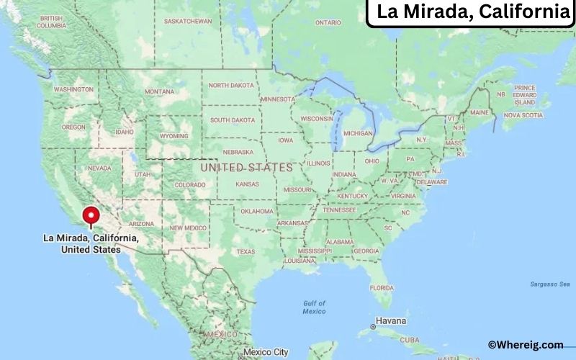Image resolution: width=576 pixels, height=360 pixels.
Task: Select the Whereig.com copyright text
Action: pos(526,345)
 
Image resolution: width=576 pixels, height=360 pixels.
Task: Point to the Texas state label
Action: pos(246,251)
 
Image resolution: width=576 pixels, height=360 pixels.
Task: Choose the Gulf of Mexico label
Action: pos(314,307)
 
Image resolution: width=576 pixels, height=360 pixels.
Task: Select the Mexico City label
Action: pos(266,352)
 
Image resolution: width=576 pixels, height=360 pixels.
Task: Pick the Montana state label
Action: pos(159,91)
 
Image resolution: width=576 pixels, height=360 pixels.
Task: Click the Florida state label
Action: pos(382,287)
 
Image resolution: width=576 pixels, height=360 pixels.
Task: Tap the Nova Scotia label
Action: pos(522,115)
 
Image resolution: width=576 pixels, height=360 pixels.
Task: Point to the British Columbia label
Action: pos(52,22)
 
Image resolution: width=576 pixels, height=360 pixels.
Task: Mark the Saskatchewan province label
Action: pos(188,21)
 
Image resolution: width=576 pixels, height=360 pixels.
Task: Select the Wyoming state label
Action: pos(174,135)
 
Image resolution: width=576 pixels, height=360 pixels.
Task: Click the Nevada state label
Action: pos(99,168)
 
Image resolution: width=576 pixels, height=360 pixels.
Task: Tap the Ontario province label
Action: pos(328,22)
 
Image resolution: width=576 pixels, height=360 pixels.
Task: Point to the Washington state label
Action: pos(73,89)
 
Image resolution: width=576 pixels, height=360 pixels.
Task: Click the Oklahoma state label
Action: pos(257,211)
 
